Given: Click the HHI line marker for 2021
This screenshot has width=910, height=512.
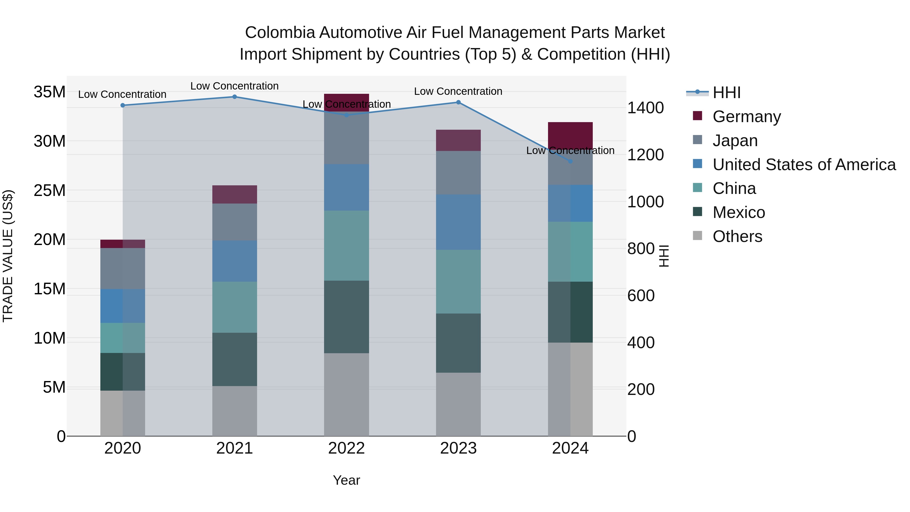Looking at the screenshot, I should [x=235, y=97].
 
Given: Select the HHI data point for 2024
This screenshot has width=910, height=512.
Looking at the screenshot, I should [x=570, y=161].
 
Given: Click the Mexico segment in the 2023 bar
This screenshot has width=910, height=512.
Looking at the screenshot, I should [x=458, y=343].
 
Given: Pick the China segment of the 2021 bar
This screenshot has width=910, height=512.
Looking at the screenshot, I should [x=235, y=307].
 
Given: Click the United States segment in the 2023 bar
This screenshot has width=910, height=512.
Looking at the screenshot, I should [x=458, y=222].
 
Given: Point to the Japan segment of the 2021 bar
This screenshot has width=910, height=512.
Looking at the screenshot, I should [x=235, y=222].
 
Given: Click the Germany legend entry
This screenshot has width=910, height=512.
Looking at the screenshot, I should [x=746, y=117].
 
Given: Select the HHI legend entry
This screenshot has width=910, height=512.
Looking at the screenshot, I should [x=726, y=93].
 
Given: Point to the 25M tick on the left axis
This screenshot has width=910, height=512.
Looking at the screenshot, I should [x=50, y=190].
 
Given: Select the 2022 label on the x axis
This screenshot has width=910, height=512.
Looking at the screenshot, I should [x=346, y=448].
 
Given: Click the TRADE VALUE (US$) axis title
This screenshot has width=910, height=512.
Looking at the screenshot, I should [x=8, y=256].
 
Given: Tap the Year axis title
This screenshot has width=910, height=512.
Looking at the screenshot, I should [x=346, y=480].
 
